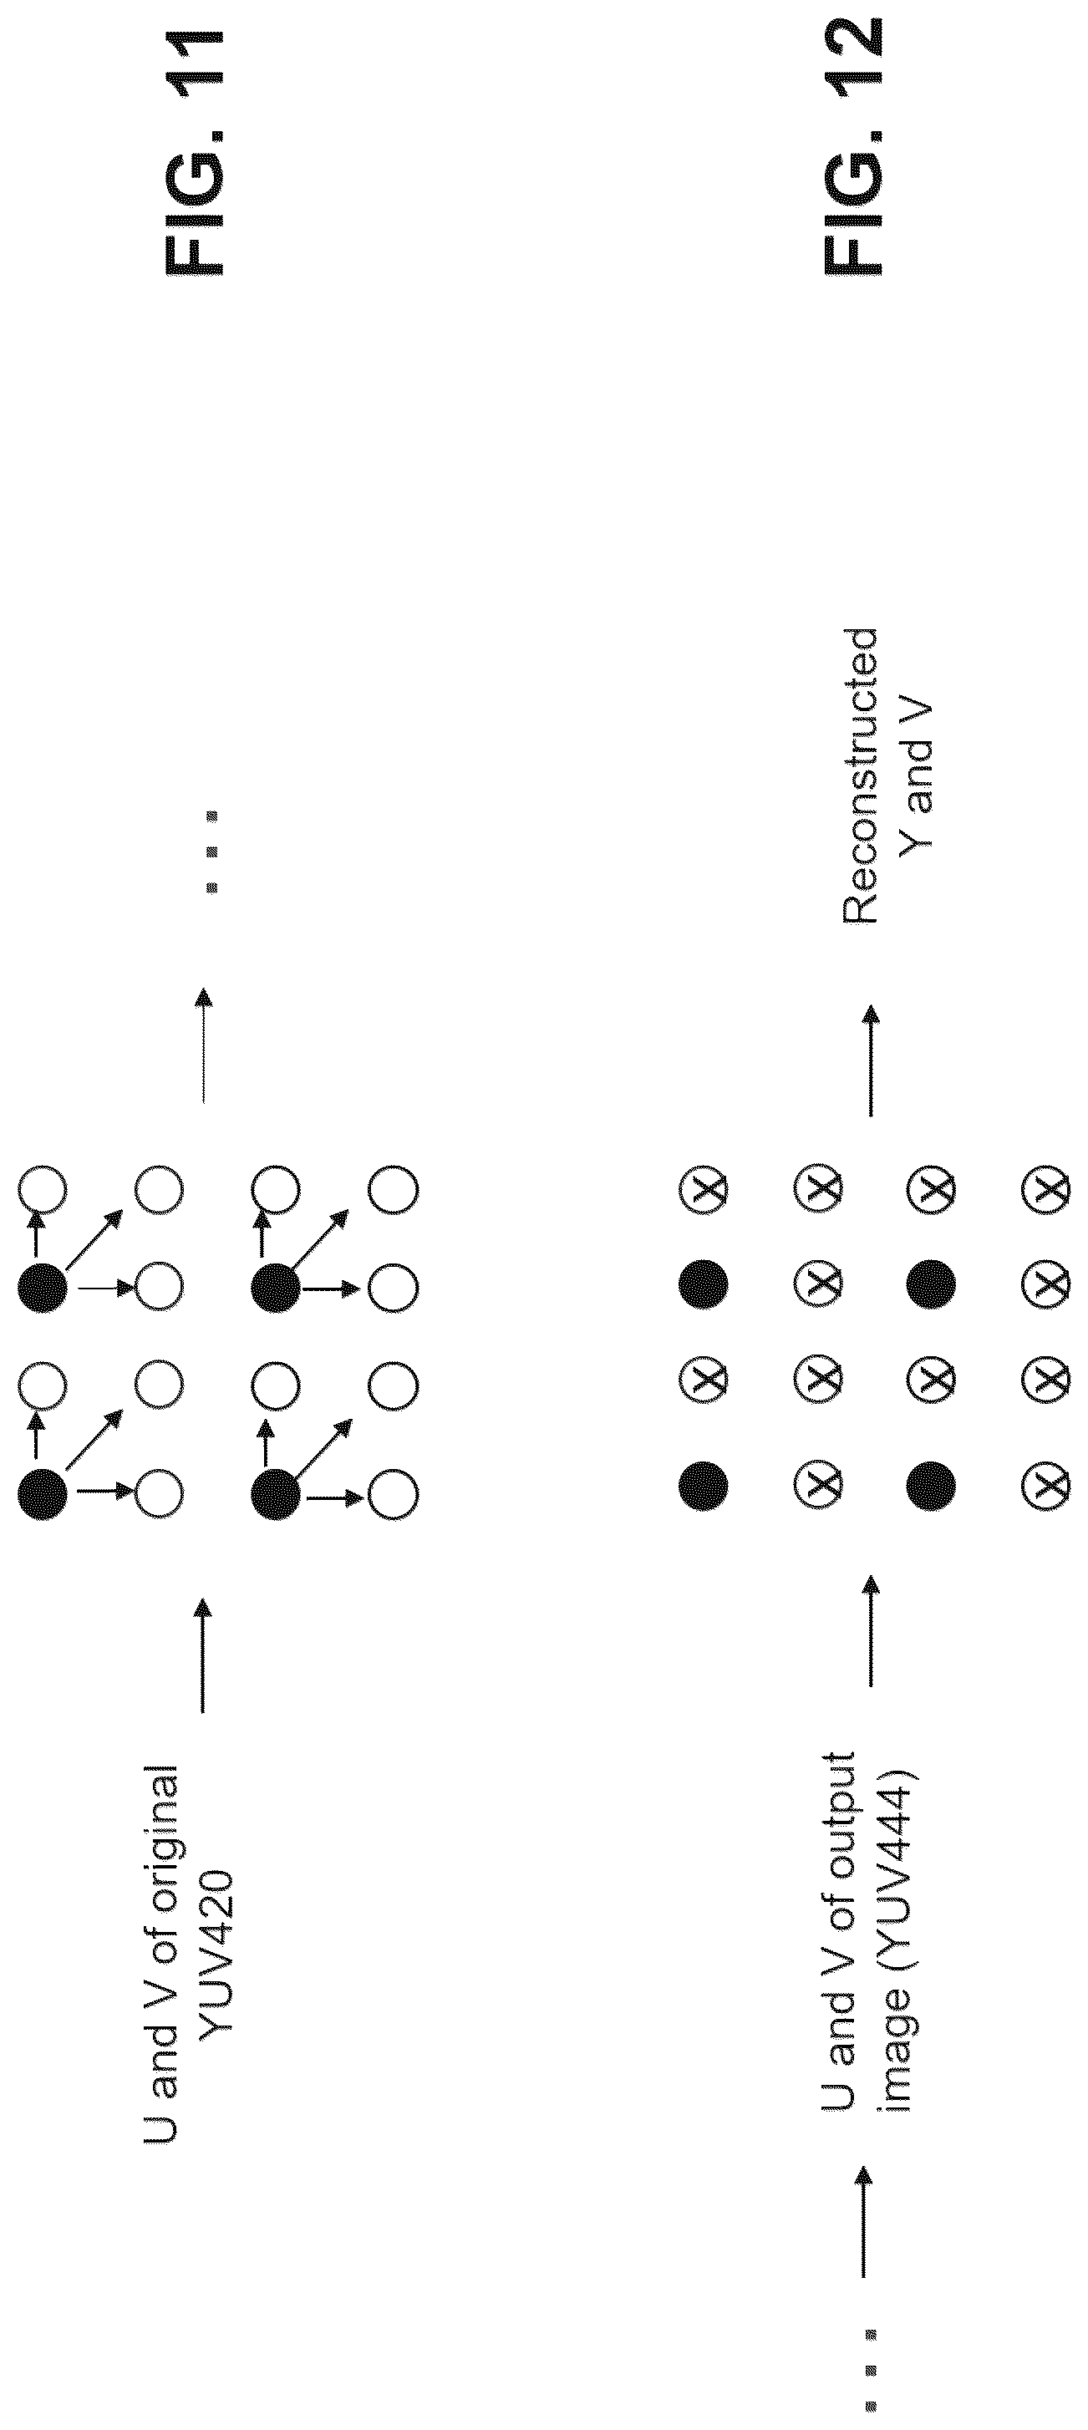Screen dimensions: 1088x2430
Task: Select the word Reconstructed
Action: coord(860,775)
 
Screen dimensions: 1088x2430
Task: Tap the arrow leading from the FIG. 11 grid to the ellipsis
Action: coord(203,1045)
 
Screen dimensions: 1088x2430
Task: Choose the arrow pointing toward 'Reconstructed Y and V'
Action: coord(870,1060)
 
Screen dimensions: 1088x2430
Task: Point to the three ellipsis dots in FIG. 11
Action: coord(212,851)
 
